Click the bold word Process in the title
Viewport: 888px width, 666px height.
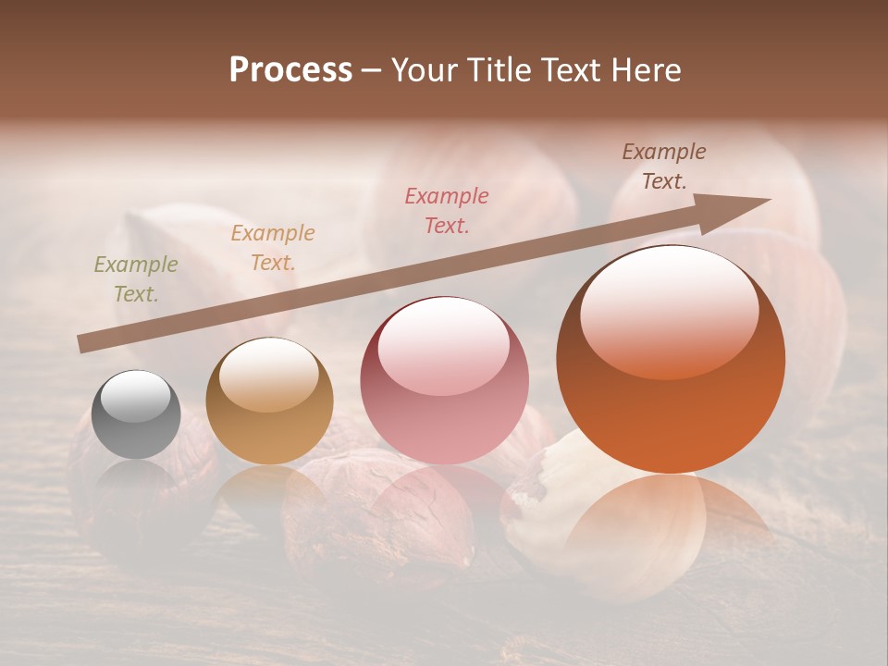[x=290, y=70]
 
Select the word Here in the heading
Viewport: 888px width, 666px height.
[x=647, y=70]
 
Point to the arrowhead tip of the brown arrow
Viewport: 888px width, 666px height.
[x=768, y=200]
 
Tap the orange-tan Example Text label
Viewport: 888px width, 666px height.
[x=273, y=248]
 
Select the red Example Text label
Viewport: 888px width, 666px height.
[x=447, y=210]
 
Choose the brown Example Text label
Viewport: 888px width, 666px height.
[x=664, y=166]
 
